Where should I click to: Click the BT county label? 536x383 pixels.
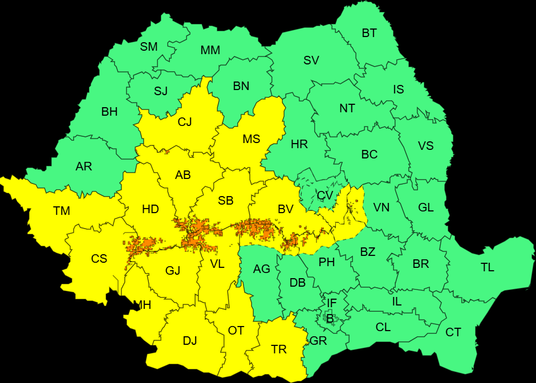click(369, 33)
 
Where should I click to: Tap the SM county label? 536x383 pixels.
click(149, 47)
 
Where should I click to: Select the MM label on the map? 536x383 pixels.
click(210, 50)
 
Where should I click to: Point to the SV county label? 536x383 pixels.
click(311, 60)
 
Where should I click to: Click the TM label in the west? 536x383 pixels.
click(62, 211)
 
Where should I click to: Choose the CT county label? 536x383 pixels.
click(453, 332)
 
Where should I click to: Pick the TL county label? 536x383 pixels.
click(488, 267)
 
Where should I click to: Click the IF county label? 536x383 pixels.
click(332, 303)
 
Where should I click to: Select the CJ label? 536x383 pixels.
click(185, 122)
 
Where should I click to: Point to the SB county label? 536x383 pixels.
click(226, 201)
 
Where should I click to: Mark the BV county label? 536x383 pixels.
click(286, 210)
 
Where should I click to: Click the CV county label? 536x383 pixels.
click(325, 195)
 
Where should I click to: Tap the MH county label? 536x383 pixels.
click(142, 305)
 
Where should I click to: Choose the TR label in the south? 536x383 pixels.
click(279, 349)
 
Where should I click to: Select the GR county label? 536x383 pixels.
click(318, 341)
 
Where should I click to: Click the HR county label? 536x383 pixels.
click(299, 145)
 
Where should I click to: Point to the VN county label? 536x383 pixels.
click(381, 207)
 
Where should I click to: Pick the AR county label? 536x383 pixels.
click(84, 167)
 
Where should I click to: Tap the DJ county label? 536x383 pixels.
click(190, 341)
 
